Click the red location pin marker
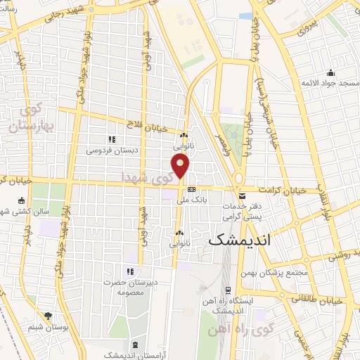(181, 166)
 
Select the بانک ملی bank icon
(191, 188)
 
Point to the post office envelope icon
(242, 196)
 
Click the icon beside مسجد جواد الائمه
(330, 72)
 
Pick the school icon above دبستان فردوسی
(111, 139)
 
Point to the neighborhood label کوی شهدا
(146, 175)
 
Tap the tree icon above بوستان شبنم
(48, 316)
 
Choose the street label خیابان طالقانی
(319, 299)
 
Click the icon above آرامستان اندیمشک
(135, 345)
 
